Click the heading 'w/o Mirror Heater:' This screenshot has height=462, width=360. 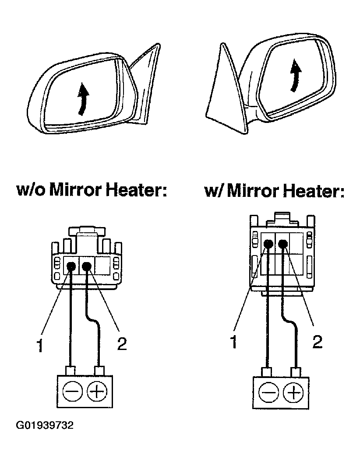click(92, 191)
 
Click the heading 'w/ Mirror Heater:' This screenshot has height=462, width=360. click(274, 192)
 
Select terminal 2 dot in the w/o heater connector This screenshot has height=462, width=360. click(87, 266)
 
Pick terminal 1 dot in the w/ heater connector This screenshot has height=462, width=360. click(268, 245)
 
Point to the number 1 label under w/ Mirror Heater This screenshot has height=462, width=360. click(234, 342)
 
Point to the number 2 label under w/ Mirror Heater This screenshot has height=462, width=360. click(317, 342)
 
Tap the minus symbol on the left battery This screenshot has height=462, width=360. click(71, 391)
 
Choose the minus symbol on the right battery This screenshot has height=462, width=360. click(267, 392)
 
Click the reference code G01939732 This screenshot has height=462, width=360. click(45, 425)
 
